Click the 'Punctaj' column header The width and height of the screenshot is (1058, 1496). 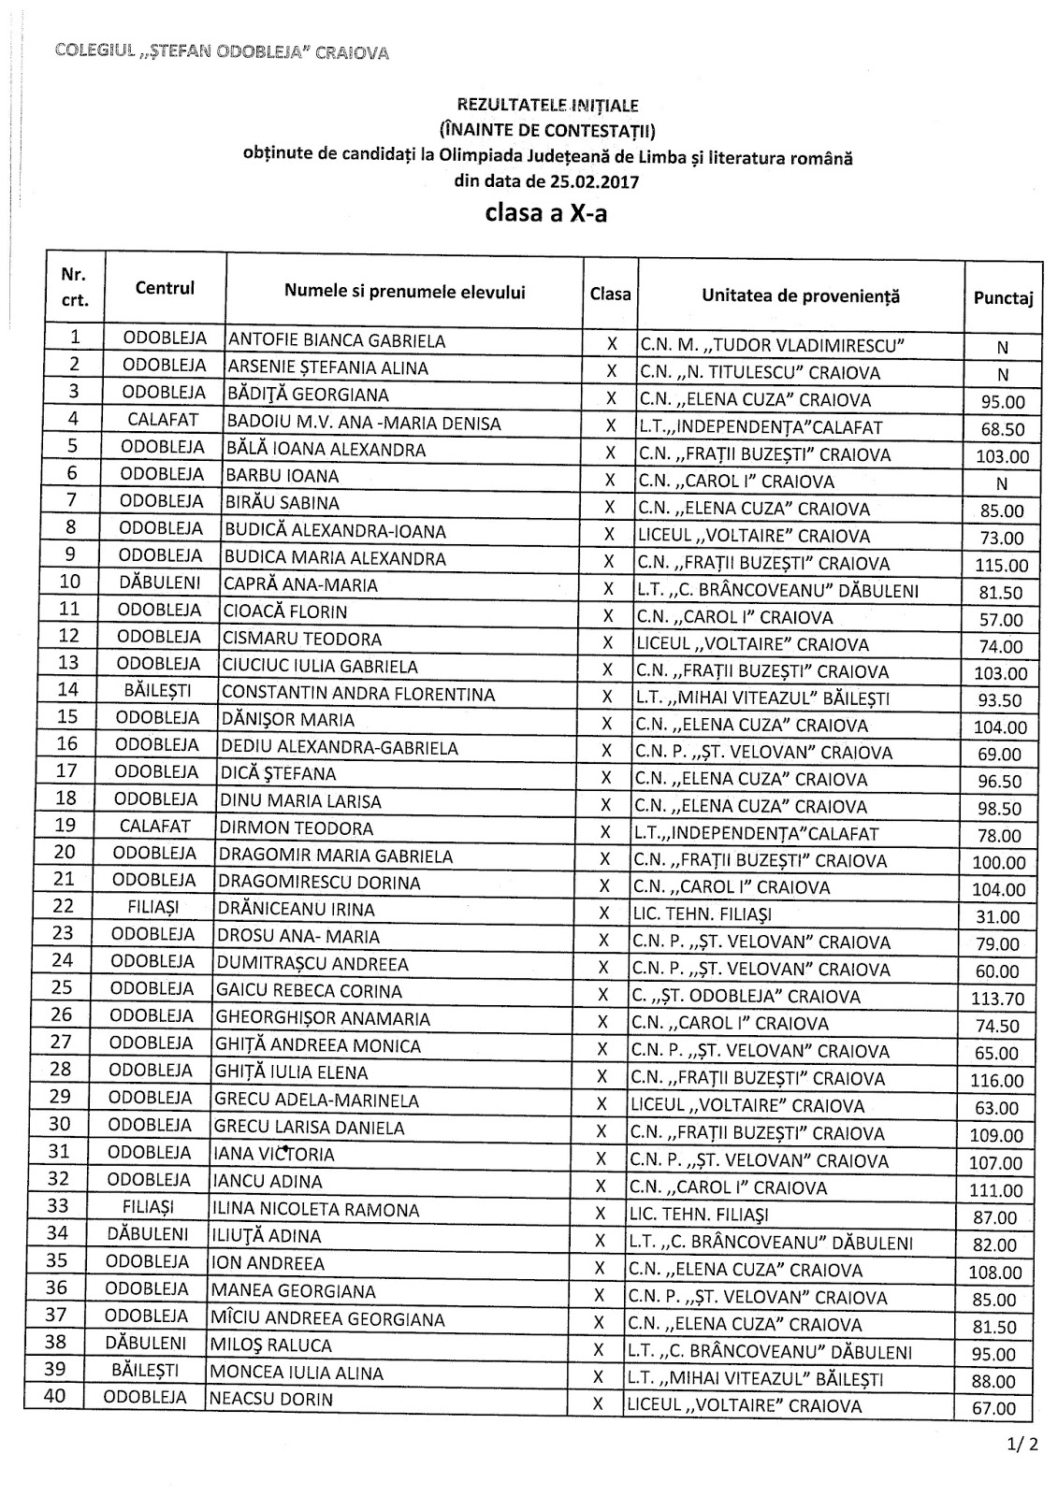point(1003,299)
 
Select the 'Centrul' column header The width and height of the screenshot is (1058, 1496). point(165,288)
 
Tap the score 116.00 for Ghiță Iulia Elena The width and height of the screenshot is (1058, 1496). point(999,1081)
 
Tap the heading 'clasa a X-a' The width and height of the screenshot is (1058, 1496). point(545,213)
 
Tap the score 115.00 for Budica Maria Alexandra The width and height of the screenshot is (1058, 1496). point(1000,566)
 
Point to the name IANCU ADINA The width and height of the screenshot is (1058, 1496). point(268,1182)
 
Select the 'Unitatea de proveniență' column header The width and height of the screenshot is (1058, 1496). point(800,296)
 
